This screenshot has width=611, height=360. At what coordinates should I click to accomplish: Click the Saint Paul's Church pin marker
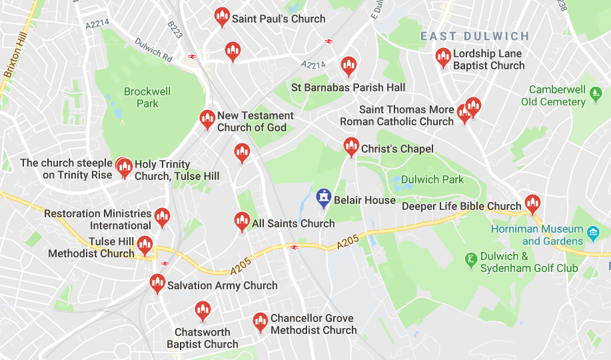coord(223,17)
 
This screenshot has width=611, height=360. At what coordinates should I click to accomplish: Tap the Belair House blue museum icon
coord(324,198)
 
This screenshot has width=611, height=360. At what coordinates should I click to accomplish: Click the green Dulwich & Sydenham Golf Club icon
coord(471,258)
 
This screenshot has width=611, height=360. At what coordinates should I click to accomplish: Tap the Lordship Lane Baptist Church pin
coord(443,58)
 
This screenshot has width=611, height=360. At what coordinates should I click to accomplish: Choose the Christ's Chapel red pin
coord(351,147)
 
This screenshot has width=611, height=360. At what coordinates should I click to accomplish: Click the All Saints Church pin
coord(242,221)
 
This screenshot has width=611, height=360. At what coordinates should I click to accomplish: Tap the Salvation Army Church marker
coord(157,284)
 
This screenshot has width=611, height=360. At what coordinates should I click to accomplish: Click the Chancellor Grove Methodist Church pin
coord(261,323)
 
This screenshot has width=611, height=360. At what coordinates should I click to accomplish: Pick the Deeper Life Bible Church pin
coord(532,204)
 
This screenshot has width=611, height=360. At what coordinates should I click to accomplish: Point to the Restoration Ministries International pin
coord(162,217)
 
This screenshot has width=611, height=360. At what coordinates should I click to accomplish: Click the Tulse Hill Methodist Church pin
coord(144,246)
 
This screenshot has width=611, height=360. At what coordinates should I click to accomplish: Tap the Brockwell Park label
coord(147,97)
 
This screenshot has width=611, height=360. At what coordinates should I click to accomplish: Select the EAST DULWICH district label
coord(474,37)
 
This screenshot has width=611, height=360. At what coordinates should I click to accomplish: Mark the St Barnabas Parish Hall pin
coord(348,67)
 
